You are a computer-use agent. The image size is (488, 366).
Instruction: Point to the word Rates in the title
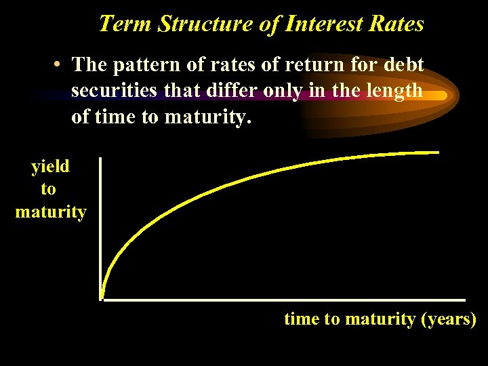click(x=396, y=24)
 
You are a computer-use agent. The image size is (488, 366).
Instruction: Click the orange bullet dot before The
click(x=60, y=66)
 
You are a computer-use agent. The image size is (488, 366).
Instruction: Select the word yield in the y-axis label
click(x=50, y=167)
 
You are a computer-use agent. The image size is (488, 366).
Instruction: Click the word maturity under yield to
click(x=51, y=213)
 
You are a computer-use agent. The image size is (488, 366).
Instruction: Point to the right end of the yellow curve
click(x=439, y=152)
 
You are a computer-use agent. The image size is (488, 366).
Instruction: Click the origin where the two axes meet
click(x=101, y=299)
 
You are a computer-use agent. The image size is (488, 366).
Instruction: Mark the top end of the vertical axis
click(x=100, y=159)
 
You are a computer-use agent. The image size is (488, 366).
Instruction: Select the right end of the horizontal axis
click(x=464, y=299)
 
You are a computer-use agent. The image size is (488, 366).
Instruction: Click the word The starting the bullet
click(x=89, y=65)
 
